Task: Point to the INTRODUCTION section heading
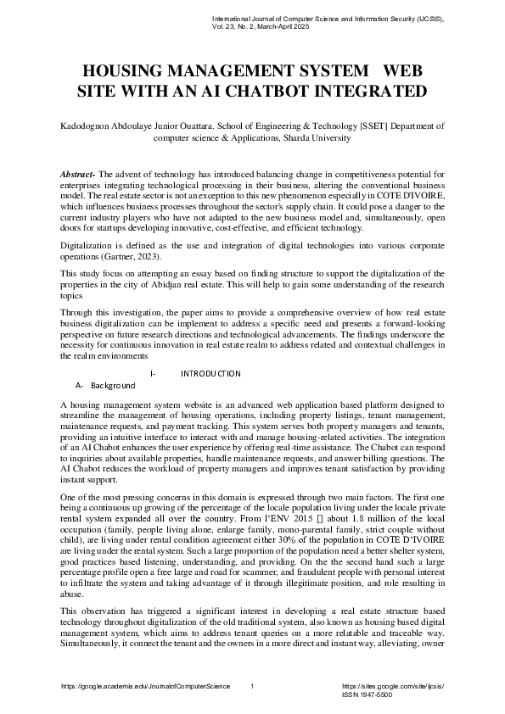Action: point(210,374)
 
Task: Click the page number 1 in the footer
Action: point(253,684)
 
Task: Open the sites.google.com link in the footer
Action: point(392,684)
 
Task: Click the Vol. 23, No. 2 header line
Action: point(261,27)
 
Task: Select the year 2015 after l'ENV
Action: point(322,514)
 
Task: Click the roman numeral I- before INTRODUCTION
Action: point(152,374)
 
